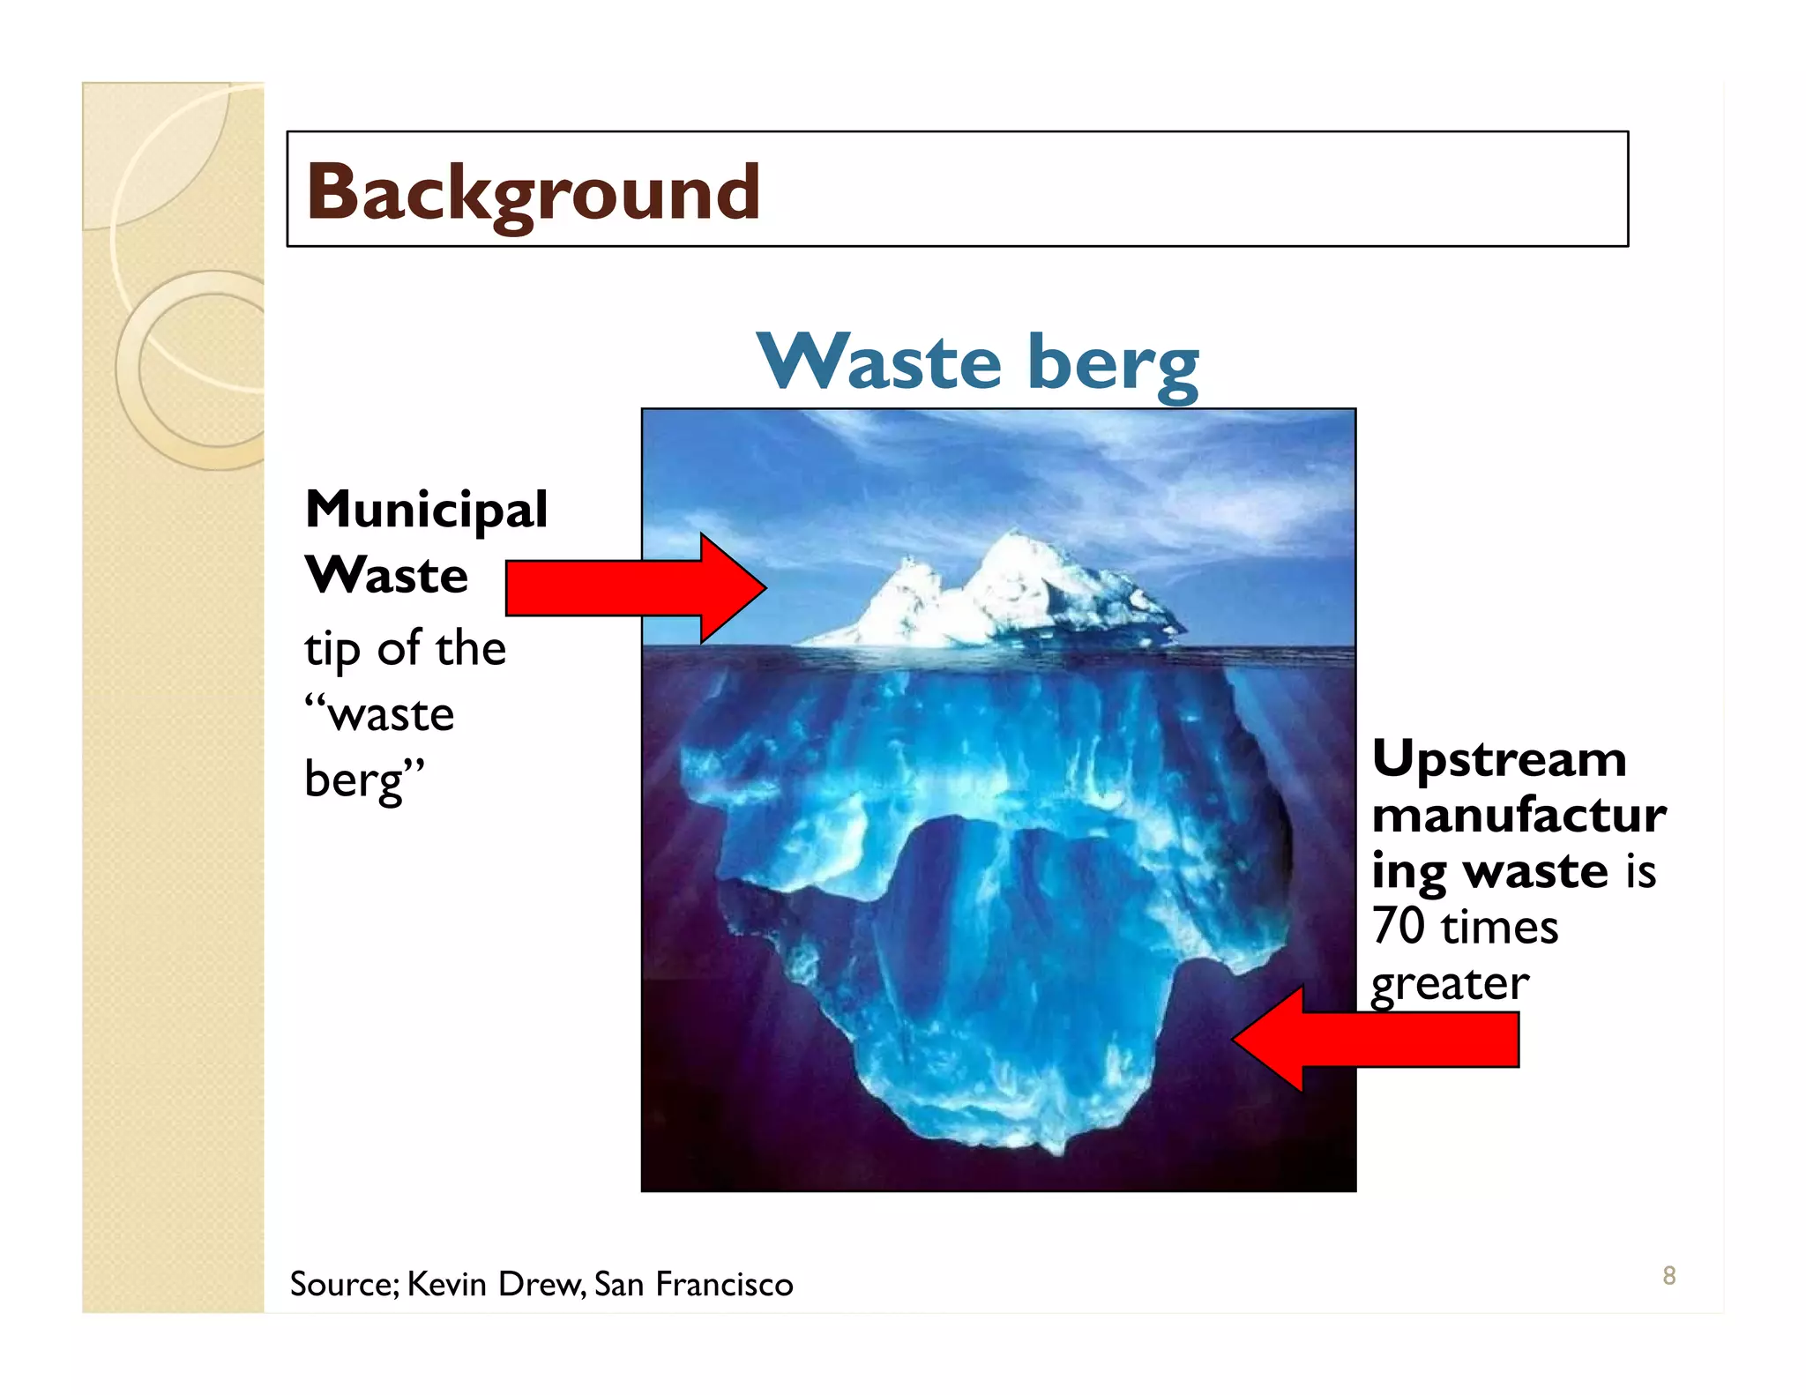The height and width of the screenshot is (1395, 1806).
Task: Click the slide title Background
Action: tap(533, 192)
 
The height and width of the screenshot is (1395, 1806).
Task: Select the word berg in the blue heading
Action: tap(1113, 363)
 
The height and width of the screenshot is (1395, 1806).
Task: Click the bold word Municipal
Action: tap(426, 510)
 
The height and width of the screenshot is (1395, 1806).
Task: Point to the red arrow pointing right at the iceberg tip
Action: tap(635, 587)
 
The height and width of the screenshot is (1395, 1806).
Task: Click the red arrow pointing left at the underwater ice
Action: tap(1376, 1039)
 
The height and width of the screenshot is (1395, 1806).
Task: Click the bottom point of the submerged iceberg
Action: tap(1055, 1146)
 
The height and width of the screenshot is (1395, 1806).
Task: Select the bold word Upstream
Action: tap(1499, 758)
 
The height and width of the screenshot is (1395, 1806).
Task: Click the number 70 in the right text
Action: tap(1398, 926)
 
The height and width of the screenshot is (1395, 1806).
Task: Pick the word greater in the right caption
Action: tap(1450, 984)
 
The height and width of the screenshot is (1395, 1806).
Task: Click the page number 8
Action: tap(1668, 1275)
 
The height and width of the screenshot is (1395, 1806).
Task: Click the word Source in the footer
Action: tap(343, 1284)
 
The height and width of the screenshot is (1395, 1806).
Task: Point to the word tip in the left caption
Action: tap(332, 649)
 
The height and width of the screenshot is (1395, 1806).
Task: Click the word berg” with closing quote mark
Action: tap(363, 780)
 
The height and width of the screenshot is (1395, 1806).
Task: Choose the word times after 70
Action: tap(1499, 928)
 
